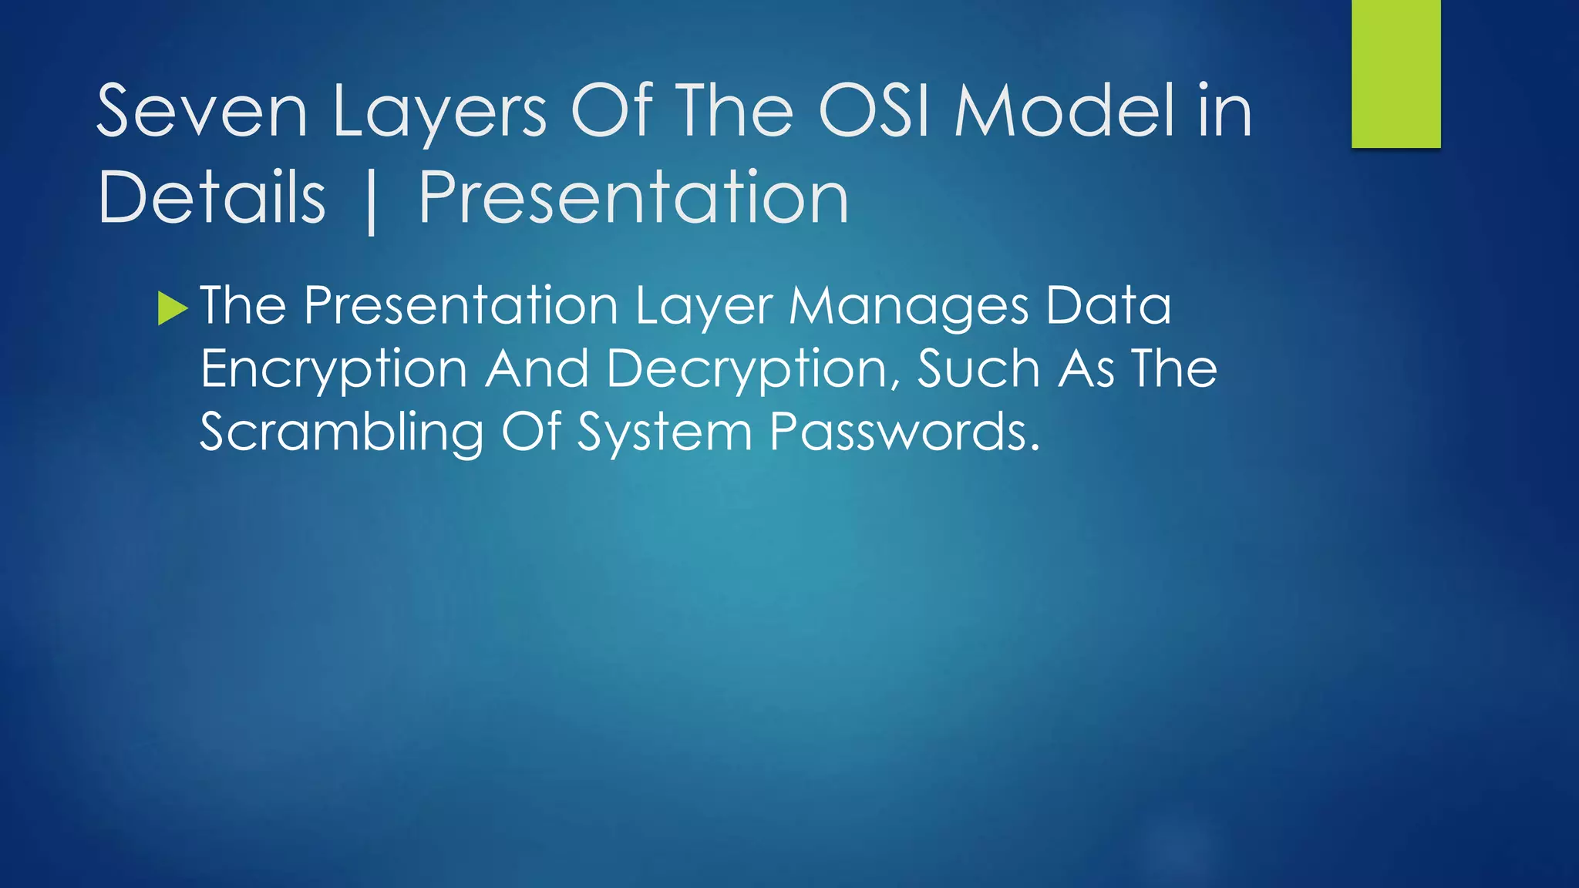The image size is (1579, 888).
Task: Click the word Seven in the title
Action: click(202, 113)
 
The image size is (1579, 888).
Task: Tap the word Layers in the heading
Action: click(439, 113)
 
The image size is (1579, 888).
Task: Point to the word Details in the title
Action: click(211, 199)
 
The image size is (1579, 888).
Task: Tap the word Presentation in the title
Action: click(634, 199)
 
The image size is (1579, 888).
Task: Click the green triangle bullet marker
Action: click(172, 308)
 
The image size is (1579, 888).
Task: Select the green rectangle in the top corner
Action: click(1396, 73)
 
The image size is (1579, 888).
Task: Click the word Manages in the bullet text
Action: click(908, 307)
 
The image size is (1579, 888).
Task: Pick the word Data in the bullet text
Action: click(1109, 306)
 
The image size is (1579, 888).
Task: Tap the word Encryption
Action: click(333, 370)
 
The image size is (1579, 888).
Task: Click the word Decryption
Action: click(752, 370)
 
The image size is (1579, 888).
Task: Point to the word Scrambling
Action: click(341, 433)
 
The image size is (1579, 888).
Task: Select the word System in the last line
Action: click(665, 432)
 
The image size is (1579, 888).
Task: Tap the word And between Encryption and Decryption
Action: click(537, 368)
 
